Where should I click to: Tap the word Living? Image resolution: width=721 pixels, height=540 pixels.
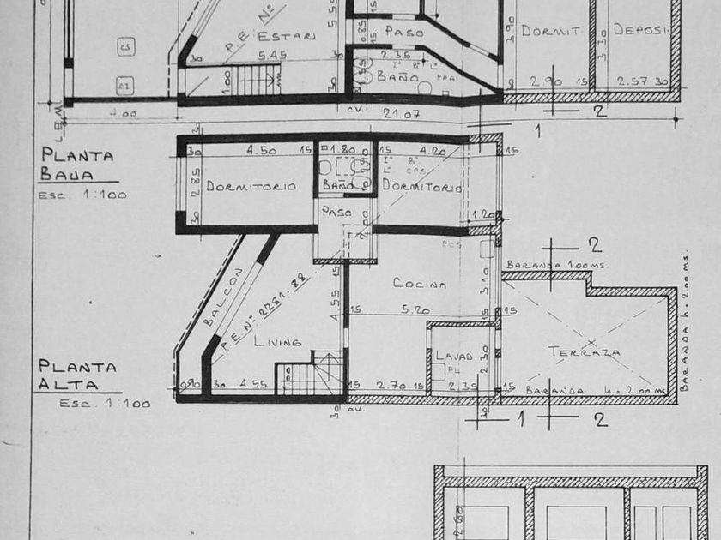(278, 341)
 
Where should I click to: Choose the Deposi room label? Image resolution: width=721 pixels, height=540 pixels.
(639, 29)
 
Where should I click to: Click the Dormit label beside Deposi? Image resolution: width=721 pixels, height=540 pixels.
(551, 30)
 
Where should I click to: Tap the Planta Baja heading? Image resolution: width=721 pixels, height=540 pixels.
(76, 164)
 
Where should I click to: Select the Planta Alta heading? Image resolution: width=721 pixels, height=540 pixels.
(77, 375)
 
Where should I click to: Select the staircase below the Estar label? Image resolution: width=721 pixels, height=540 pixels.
(257, 81)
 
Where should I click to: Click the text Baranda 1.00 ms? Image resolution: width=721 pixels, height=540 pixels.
(556, 265)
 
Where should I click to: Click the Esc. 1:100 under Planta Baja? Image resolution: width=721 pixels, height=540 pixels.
(82, 195)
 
